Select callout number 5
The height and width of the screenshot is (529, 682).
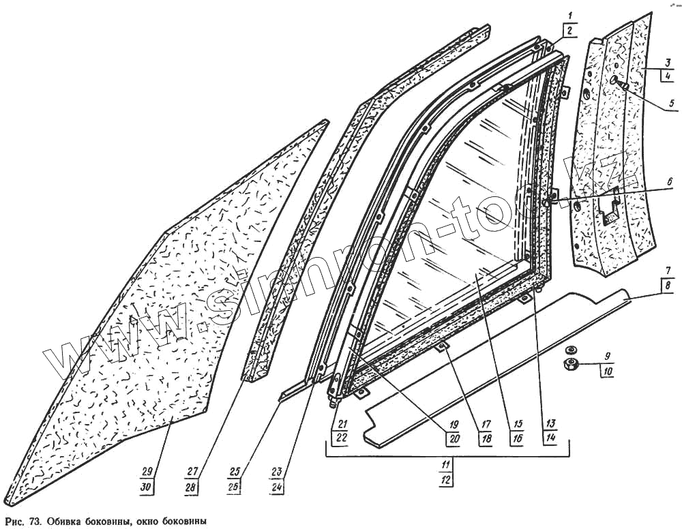(671, 104)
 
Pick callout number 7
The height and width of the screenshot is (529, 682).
(669, 270)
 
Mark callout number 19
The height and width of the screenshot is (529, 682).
(451, 424)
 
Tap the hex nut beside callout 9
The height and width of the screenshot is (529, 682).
(569, 365)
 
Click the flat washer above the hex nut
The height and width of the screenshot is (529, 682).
(570, 351)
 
